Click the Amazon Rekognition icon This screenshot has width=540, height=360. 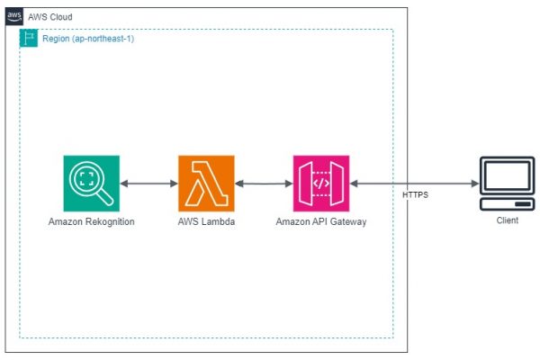tap(92, 184)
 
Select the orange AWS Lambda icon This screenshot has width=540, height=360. tap(206, 184)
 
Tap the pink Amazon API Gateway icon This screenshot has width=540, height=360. tap(321, 184)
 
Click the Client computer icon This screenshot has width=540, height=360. tap(508, 184)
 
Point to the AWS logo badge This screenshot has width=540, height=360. tap(14, 16)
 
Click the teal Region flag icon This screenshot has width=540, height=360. tap(29, 38)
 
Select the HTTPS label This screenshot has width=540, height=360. tap(415, 195)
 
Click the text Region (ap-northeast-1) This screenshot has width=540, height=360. tap(88, 39)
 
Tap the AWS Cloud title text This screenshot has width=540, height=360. tap(50, 17)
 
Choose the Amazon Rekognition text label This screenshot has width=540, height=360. tap(91, 221)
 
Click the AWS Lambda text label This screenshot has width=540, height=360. tap(206, 221)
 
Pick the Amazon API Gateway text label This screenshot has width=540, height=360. tap(321, 221)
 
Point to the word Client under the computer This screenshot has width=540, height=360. tap(508, 220)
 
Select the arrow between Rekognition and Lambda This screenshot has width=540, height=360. tap(148, 184)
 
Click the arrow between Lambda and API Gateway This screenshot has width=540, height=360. tap(264, 184)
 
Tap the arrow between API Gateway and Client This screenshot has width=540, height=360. tap(414, 184)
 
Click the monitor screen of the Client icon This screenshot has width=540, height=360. tap(507, 175)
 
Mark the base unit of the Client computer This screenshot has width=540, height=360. tap(508, 204)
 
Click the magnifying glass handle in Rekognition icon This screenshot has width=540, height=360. tap(105, 197)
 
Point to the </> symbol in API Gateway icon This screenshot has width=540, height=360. tap(321, 184)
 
